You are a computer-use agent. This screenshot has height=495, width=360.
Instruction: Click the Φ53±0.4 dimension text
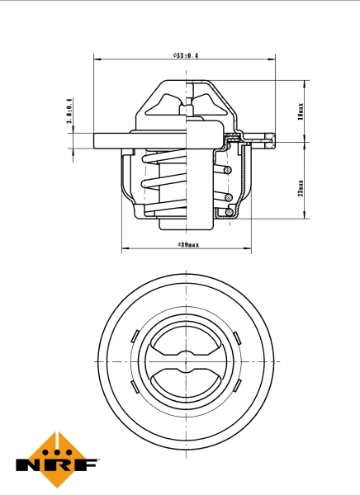click(186, 55)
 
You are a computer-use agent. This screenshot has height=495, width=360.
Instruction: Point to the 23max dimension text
click(301, 187)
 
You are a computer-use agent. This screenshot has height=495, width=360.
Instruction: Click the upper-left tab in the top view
click(134, 334)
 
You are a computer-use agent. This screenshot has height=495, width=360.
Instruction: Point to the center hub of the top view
click(186, 361)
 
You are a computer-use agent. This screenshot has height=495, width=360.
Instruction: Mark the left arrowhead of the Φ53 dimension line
click(97, 60)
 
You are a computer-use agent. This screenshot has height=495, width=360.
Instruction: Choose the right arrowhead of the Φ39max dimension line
click(248, 249)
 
